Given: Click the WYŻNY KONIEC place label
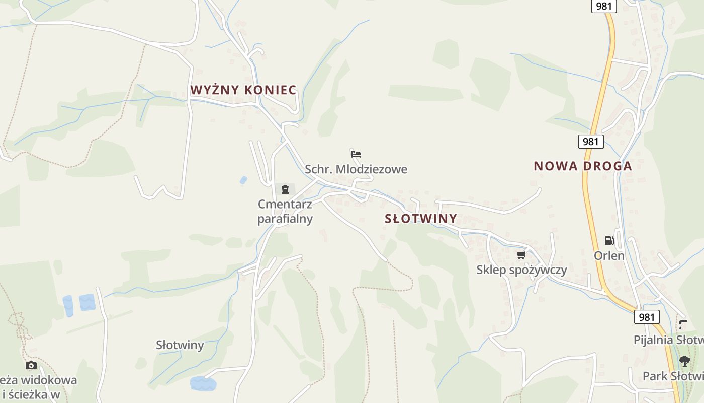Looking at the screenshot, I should [243, 90].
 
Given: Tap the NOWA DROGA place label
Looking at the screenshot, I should [583, 166].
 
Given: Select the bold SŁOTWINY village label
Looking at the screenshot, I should [421, 219].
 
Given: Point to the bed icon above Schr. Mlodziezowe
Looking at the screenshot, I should [356, 154].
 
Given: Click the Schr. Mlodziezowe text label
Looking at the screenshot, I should [356, 169].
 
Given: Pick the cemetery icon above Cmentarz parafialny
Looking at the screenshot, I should [285, 189].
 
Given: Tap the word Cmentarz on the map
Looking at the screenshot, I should [285, 204].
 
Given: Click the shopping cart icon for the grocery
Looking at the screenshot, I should [521, 255].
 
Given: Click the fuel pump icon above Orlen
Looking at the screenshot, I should [609, 241].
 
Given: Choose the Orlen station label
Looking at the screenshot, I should [609, 255].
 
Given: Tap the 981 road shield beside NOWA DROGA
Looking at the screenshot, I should [590, 142].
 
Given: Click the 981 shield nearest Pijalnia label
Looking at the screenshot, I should [646, 317].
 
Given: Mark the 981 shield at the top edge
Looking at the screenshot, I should [604, 6].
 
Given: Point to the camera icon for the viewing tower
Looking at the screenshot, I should [31, 365].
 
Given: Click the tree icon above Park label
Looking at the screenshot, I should [684, 361].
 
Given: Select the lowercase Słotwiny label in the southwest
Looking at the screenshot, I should [180, 345].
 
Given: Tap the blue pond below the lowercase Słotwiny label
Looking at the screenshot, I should [203, 383].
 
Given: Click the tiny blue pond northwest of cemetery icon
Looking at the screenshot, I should [244, 180].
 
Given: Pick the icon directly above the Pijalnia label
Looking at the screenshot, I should [682, 324].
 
